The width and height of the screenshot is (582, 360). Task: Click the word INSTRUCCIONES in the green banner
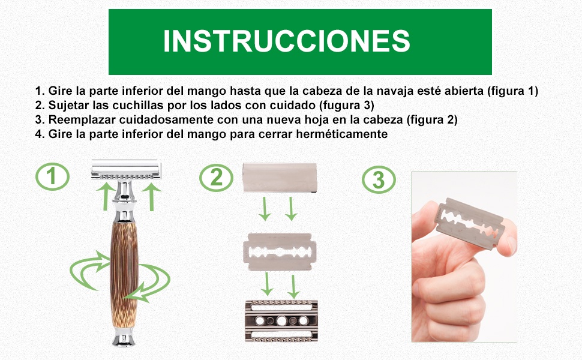point(287,41)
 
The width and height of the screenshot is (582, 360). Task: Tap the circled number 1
point(52,176)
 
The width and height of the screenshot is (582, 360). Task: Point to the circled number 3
point(379,180)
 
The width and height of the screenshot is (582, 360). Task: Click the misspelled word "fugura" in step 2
point(338,105)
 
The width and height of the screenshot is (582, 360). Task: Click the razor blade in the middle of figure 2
point(278,250)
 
